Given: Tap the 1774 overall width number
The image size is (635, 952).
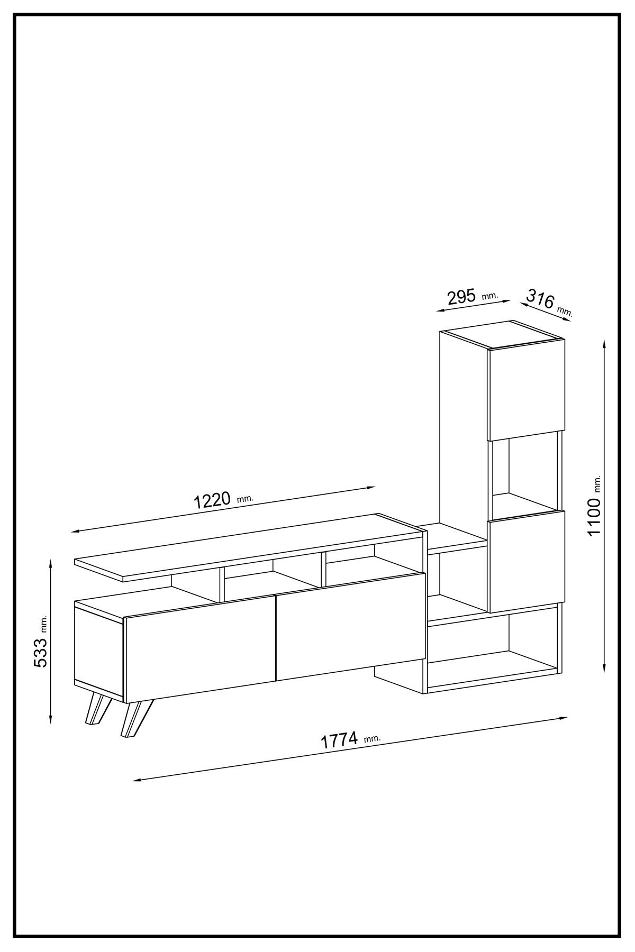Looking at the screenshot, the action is pos(340,740).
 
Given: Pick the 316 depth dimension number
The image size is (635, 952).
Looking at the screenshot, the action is pos(540,299).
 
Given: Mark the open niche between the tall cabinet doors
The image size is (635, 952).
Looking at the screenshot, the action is pos(525,473).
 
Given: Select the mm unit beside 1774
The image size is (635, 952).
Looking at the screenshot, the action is pos(373,738).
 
